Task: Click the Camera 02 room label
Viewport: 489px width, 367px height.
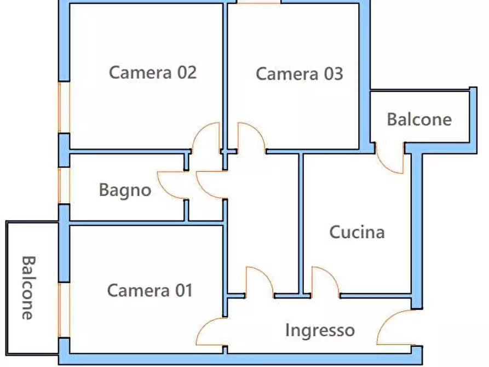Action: point(152,72)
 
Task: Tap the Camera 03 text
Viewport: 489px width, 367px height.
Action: point(299,74)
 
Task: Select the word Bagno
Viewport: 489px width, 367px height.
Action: point(125,190)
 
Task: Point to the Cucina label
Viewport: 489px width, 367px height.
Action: point(356,232)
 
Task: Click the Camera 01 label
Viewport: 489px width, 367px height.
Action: point(149,290)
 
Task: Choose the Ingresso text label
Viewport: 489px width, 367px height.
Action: point(320,330)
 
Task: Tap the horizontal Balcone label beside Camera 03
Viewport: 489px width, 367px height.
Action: point(419,119)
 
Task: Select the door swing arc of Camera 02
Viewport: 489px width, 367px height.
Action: point(207,137)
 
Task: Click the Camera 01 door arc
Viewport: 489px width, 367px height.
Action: point(210,333)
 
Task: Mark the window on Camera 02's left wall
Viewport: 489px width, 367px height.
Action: point(65,107)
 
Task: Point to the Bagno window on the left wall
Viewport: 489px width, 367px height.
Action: point(65,186)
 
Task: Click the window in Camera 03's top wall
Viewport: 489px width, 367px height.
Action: point(258,2)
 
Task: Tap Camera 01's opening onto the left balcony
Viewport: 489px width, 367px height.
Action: point(65,310)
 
